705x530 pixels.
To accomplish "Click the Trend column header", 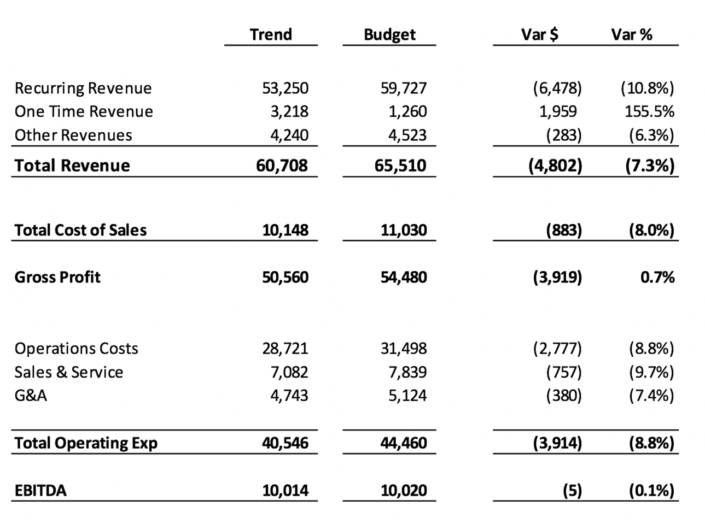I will pos(271,34).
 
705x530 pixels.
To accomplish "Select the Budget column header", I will pos(389,34).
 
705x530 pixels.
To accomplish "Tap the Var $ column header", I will pos(539,34).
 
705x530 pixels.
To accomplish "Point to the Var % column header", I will pos(632,34).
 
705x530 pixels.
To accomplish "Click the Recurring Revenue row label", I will pos(83,88).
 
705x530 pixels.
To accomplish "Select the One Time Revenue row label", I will pos(84,111).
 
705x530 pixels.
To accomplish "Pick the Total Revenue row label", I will pos(72,165).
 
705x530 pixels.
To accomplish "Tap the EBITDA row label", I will pos(40,490).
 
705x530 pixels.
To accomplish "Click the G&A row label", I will pos(31,395).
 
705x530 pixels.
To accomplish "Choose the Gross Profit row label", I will pos(57,277).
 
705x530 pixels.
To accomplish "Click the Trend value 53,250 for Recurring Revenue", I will pos(285,88).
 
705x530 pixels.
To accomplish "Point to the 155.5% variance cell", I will pos(649,111).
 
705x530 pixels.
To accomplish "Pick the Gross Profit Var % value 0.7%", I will pos(657,277).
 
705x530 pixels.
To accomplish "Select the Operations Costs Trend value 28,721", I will pos(285,348).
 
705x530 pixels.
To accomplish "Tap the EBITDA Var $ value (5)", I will pos(572,490).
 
